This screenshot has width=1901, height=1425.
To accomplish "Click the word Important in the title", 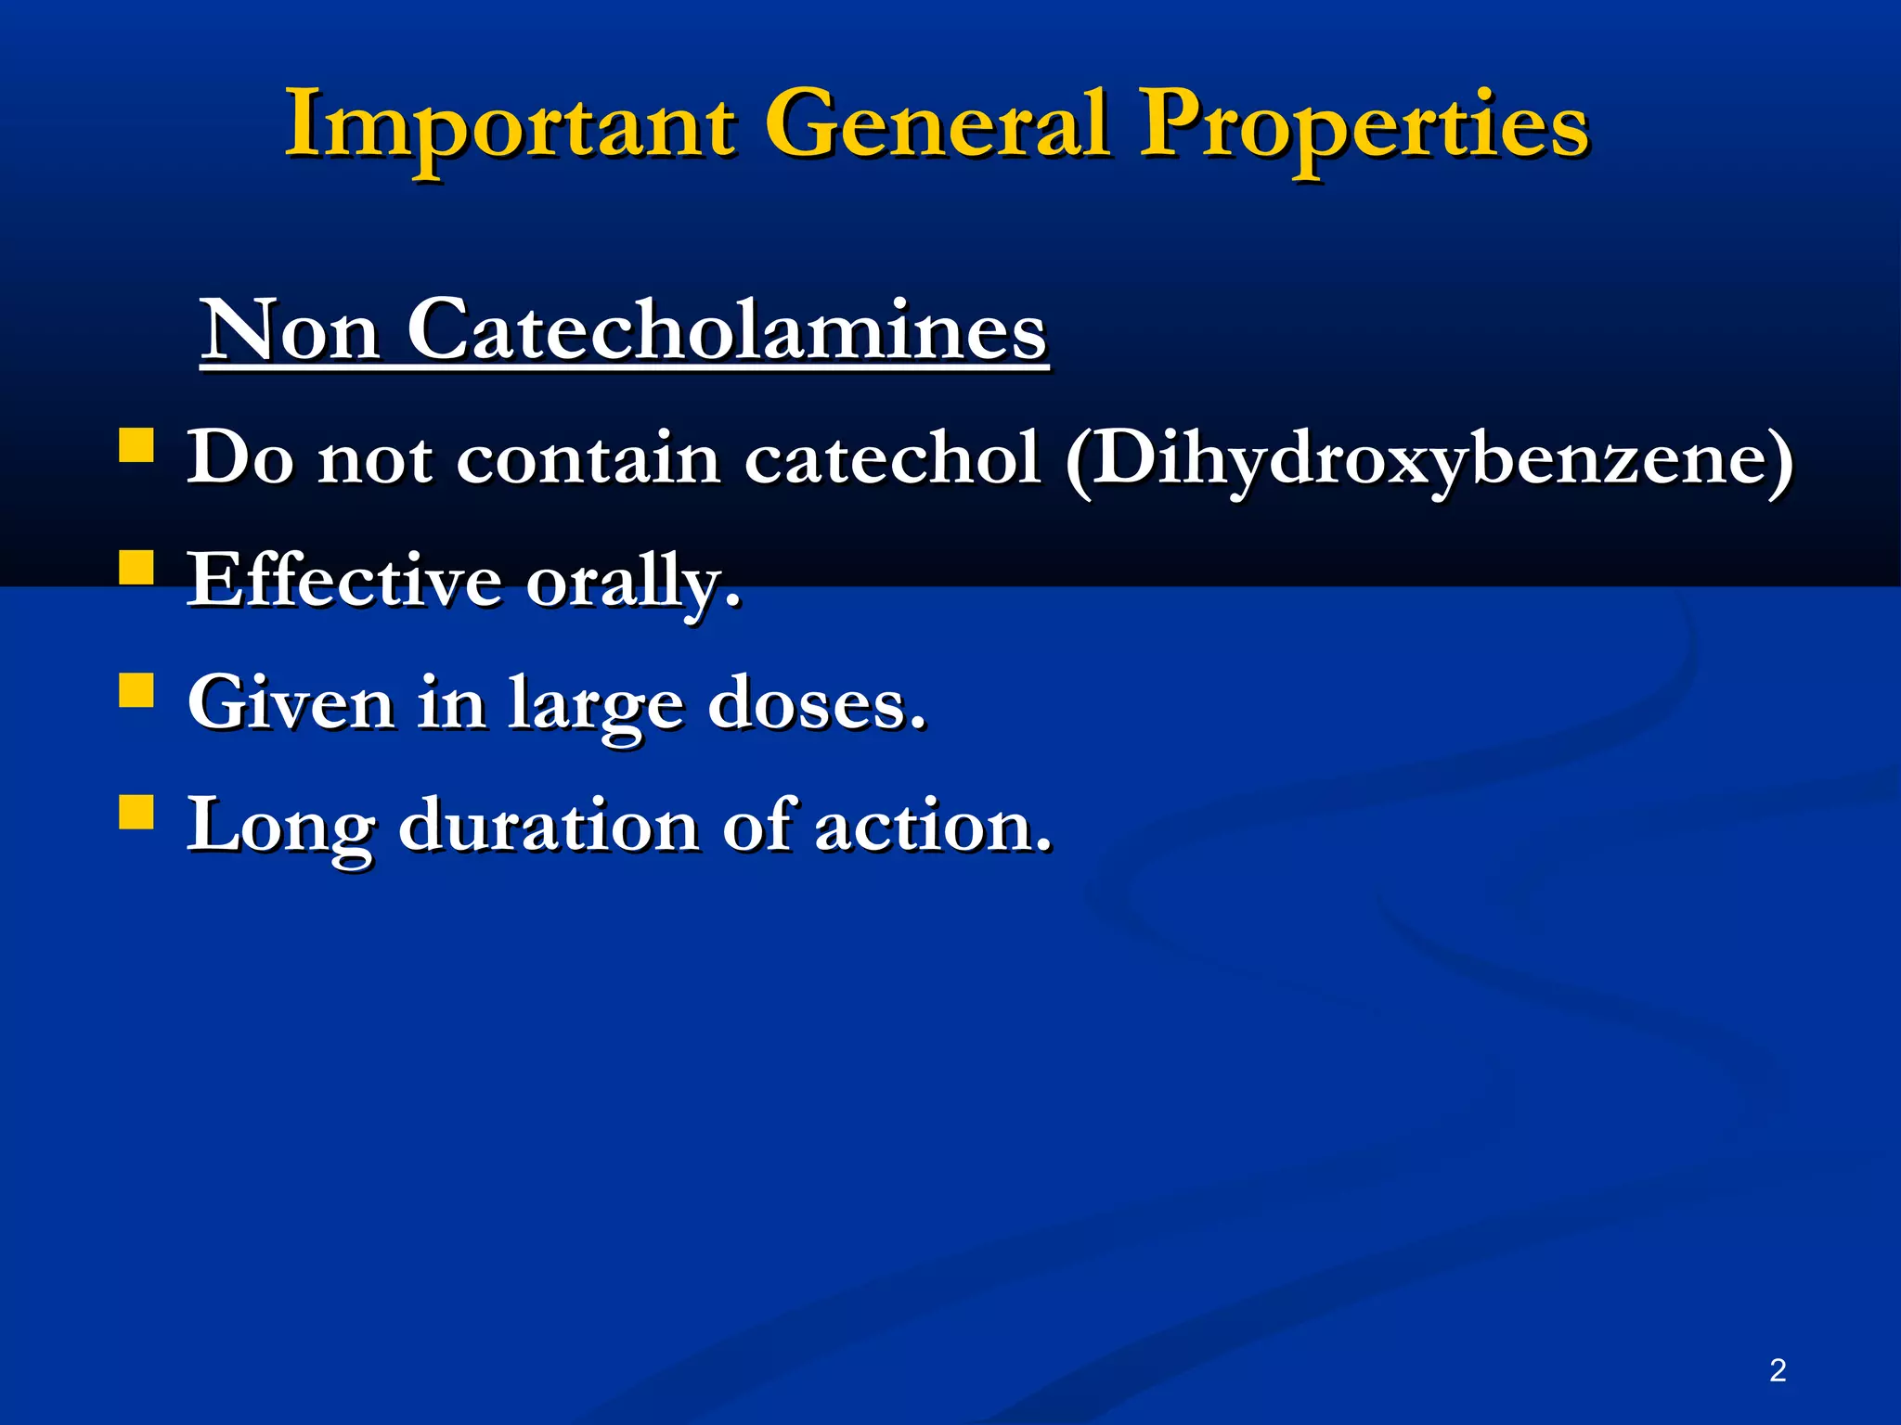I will coord(511,125).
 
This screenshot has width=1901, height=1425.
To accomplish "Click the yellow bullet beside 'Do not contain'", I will coord(136,444).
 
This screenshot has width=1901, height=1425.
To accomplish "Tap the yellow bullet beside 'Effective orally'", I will coord(136,567).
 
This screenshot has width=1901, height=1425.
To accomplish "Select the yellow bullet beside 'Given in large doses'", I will coord(136,690).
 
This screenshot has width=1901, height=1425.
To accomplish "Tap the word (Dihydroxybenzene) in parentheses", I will coord(1429,459).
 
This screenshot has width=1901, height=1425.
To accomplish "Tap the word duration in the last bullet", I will coord(549,825).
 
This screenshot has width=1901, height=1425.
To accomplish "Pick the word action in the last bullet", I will coord(933,825).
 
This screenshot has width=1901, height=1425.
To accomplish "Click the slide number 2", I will coord(1778,1370).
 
